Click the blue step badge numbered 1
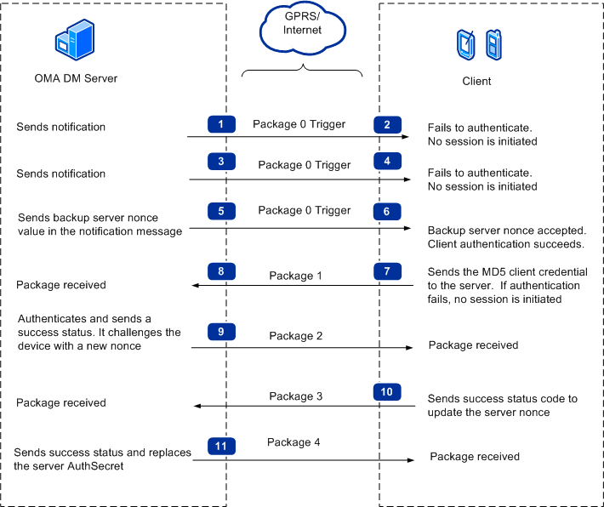[x=221, y=124]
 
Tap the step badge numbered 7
[x=387, y=271]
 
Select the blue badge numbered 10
[x=387, y=392]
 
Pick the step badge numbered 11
[x=221, y=444]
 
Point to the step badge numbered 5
[x=221, y=210]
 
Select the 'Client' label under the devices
[x=476, y=82]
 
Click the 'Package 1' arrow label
[x=296, y=276]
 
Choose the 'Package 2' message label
[x=296, y=336]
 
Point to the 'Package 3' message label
[x=296, y=396]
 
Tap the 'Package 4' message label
[x=293, y=442]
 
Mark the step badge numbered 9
[x=221, y=332]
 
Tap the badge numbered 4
[x=387, y=161]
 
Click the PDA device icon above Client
[x=464, y=44]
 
